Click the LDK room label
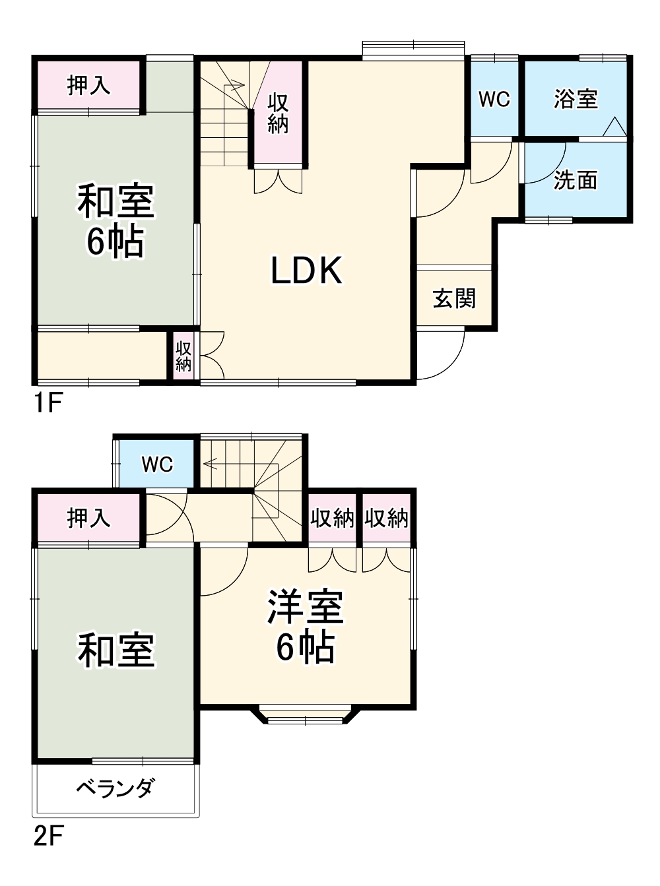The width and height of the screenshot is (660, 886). pyautogui.click(x=307, y=270)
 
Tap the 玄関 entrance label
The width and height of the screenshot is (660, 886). pyautogui.click(x=454, y=298)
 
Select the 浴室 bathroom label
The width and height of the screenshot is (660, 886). pyautogui.click(x=576, y=99)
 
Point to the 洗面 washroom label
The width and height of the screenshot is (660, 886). pyautogui.click(x=576, y=179)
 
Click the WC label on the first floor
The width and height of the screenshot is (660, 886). pyautogui.click(x=494, y=99)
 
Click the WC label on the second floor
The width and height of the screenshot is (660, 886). pyautogui.click(x=157, y=464)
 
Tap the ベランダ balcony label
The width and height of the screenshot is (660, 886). pyautogui.click(x=115, y=788)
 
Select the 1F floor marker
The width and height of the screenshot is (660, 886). pyautogui.click(x=47, y=402)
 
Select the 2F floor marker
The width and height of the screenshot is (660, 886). pyautogui.click(x=48, y=837)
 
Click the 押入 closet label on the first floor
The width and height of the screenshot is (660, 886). pyautogui.click(x=88, y=85)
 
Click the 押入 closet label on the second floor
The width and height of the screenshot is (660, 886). pyautogui.click(x=88, y=518)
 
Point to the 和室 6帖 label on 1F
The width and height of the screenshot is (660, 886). pyautogui.click(x=115, y=221)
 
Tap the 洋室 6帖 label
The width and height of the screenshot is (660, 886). pyautogui.click(x=305, y=627)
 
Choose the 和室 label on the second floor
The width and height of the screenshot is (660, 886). pyautogui.click(x=116, y=650)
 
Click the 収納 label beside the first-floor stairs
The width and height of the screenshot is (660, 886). pyautogui.click(x=278, y=113)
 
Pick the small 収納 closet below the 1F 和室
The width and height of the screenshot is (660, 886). pyautogui.click(x=183, y=356)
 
